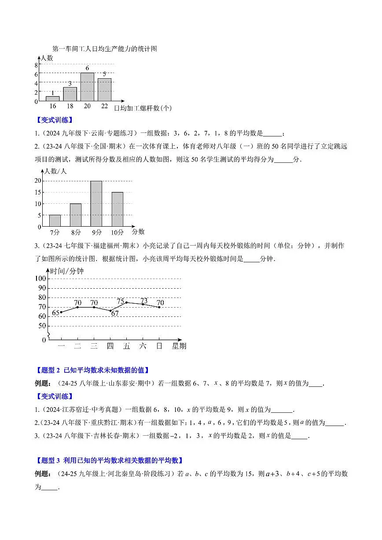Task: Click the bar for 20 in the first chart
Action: pos(87,87)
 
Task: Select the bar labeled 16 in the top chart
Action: pos(52,99)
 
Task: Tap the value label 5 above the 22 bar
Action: pos(104,74)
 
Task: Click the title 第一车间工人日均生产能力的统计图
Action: pos(104,49)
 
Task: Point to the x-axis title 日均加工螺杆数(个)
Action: pos(143,108)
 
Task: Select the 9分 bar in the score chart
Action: pos(96,203)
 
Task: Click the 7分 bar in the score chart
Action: pos(55,220)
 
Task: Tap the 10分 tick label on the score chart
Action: pos(117,232)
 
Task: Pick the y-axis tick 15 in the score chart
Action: pos(38,192)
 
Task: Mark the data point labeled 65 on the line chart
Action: pos(61,312)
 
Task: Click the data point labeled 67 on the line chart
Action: pos(110,311)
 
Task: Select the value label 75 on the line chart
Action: pos(121,301)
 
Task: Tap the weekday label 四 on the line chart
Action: pos(110,346)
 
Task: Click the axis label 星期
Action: pos(179,346)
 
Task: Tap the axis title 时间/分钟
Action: pos(67,271)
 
